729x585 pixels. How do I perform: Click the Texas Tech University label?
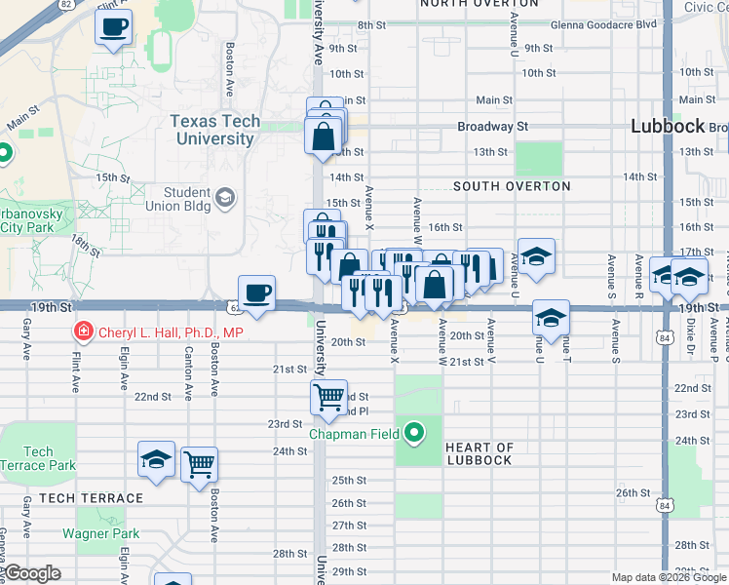coord(215,130)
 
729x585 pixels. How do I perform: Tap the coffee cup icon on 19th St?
coord(257,293)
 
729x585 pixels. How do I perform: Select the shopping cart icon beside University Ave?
coord(328,397)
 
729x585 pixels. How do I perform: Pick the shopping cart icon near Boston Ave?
coord(199,465)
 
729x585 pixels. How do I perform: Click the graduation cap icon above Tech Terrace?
coord(156,459)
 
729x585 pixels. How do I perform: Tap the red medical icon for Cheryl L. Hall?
coord(84,332)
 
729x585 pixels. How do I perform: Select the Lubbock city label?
coord(668,126)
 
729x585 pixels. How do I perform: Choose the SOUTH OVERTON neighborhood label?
coord(512,186)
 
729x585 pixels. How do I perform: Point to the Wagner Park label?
coord(100,533)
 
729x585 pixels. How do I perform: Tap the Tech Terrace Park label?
coord(38,458)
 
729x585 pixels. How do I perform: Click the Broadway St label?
coord(493,127)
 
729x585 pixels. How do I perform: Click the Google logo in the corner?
coord(31,573)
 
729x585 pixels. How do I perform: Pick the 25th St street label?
coord(348,481)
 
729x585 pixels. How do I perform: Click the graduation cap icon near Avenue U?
coord(536,256)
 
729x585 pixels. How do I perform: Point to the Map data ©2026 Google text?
coord(668,577)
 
